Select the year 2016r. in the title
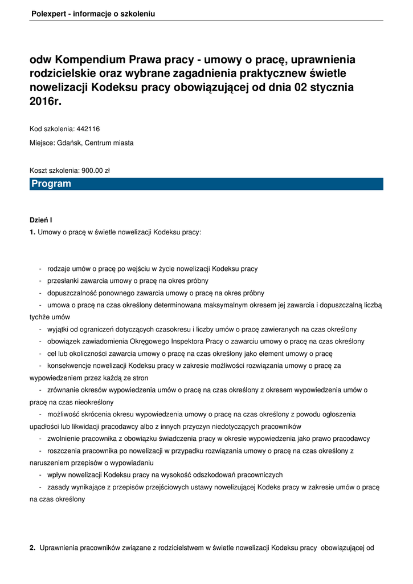[45, 102]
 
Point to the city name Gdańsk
[69, 143]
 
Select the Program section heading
[51, 184]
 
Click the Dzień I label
[41, 220]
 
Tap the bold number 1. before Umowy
[32, 232]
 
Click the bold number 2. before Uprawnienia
[32, 548]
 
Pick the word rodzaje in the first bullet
[60, 269]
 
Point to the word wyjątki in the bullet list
[59, 329]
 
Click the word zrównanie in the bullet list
[63, 390]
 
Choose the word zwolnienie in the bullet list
[64, 439]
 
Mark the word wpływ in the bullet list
[57, 474]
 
